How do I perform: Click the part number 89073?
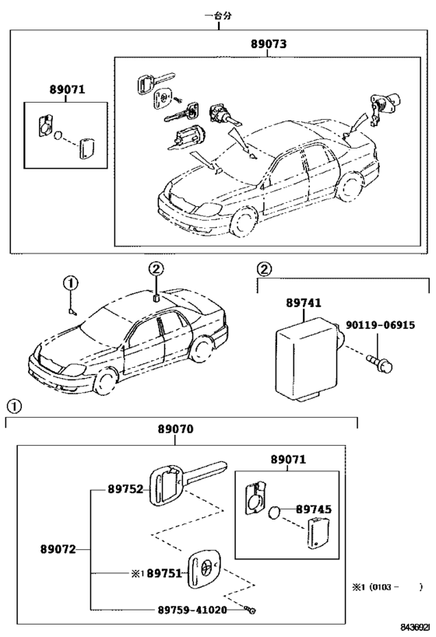tap(268, 45)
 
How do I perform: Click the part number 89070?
tap(176, 429)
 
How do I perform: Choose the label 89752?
tap(125, 490)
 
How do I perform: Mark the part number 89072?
tap(58, 549)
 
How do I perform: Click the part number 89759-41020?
tap(188, 610)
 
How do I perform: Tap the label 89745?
tap(314, 510)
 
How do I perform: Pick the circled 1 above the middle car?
tap(70, 283)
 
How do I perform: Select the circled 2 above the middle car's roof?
tap(156, 268)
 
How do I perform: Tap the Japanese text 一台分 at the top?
tap(219, 15)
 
